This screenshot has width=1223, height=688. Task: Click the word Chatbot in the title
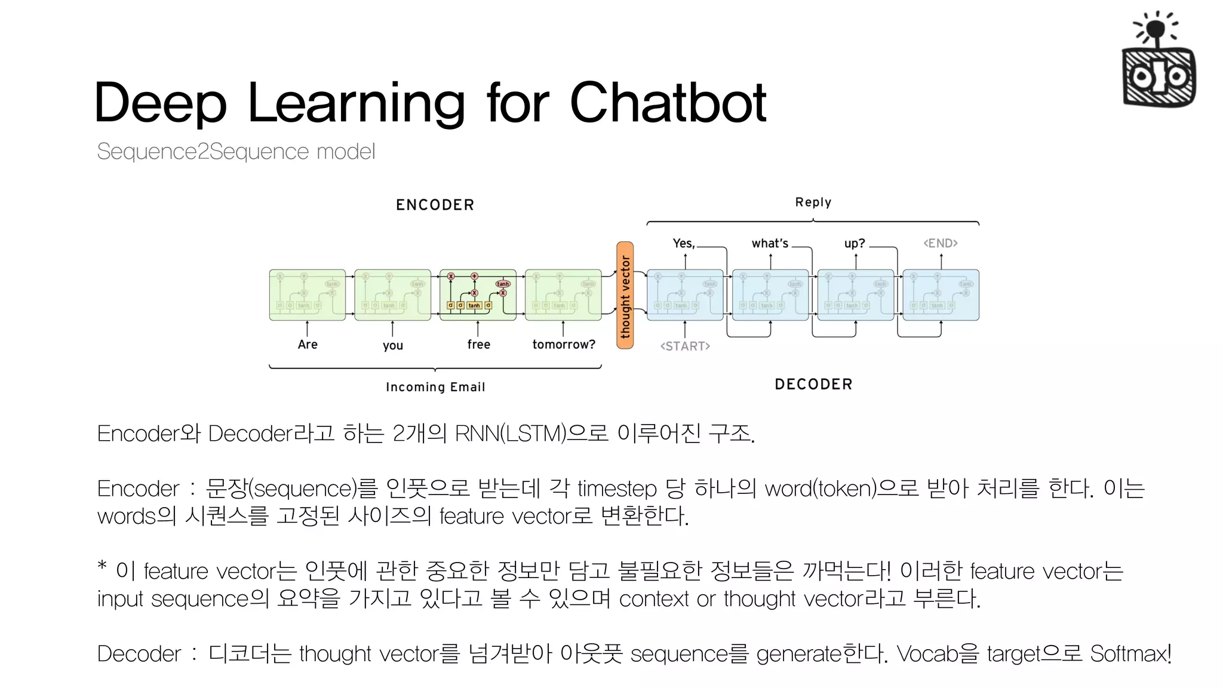tap(668, 103)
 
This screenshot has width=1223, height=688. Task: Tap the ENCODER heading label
tap(435, 205)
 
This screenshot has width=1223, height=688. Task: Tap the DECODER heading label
tap(813, 384)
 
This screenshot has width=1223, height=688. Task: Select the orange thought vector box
tap(625, 295)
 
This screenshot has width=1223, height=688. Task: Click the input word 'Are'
tap(308, 345)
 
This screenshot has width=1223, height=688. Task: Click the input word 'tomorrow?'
tap(563, 345)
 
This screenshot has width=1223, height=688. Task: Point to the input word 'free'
tap(478, 345)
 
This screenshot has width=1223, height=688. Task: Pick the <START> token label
tap(685, 346)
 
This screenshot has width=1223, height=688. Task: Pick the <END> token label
tap(941, 243)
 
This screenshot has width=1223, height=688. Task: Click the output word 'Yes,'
tap(684, 243)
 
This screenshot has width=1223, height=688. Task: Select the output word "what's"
tap(770, 243)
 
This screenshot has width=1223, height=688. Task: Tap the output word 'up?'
tap(855, 243)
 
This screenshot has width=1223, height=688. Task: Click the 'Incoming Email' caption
tap(435, 387)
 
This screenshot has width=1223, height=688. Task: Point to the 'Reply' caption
tap(813, 202)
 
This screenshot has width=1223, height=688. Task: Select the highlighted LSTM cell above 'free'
tap(478, 295)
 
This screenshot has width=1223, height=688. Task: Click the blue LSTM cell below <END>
tap(941, 295)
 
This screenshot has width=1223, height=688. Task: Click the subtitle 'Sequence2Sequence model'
tap(236, 152)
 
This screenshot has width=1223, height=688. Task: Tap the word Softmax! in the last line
tap(1130, 654)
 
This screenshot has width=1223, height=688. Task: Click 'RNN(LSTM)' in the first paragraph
tap(510, 434)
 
